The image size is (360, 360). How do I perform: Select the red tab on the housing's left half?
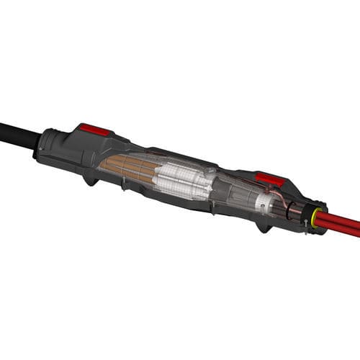pyautogui.click(x=95, y=130)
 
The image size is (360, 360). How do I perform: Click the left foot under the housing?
pyautogui.click(x=91, y=179)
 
